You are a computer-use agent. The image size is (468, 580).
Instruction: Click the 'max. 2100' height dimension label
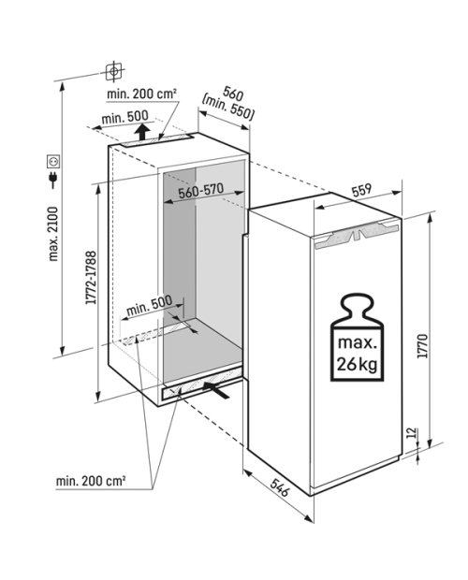(53, 234)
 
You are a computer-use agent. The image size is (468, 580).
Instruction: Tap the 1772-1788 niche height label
(91, 278)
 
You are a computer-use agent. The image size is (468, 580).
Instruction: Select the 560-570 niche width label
(201, 191)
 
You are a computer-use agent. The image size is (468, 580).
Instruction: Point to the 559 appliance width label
(361, 191)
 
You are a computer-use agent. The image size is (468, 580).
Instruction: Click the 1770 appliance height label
(422, 346)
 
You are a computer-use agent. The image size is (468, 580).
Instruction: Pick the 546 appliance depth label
(279, 487)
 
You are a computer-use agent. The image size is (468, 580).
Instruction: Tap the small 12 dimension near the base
(412, 433)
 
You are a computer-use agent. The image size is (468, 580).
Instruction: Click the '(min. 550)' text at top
(228, 107)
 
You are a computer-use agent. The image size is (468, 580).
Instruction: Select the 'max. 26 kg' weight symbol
(357, 338)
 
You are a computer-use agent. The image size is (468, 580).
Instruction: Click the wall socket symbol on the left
(53, 161)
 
